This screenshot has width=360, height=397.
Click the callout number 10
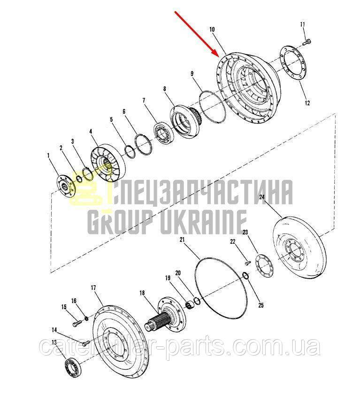coord(212,30)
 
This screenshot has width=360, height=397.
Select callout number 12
coord(307,103)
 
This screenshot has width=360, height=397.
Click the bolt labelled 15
coord(77,324)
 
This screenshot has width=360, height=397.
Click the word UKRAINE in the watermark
coord(203,222)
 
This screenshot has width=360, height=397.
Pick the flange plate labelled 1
coord(66,187)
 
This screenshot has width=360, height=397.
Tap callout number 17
coord(93,288)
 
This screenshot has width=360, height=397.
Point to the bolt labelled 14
coord(86,343)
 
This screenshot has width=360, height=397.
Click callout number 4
coord(91,132)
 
